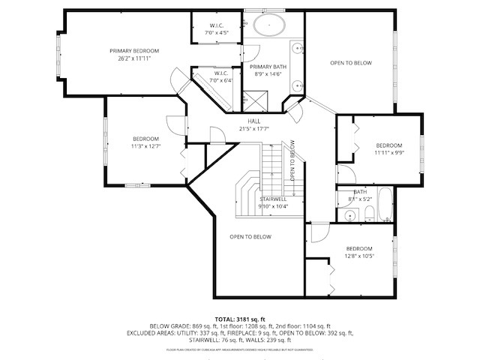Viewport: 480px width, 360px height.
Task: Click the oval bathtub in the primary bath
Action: [x=268, y=25]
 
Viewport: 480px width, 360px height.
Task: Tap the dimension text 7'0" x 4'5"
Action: [x=219, y=33]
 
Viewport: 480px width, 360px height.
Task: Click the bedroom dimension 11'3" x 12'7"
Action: [x=145, y=146]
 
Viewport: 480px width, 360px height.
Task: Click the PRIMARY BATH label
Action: [x=268, y=67]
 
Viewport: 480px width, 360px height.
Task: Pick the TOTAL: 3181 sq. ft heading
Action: [x=240, y=319]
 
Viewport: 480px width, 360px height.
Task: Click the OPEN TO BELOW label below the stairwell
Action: [x=250, y=237]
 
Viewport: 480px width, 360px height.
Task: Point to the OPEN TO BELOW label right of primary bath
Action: [x=350, y=63]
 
